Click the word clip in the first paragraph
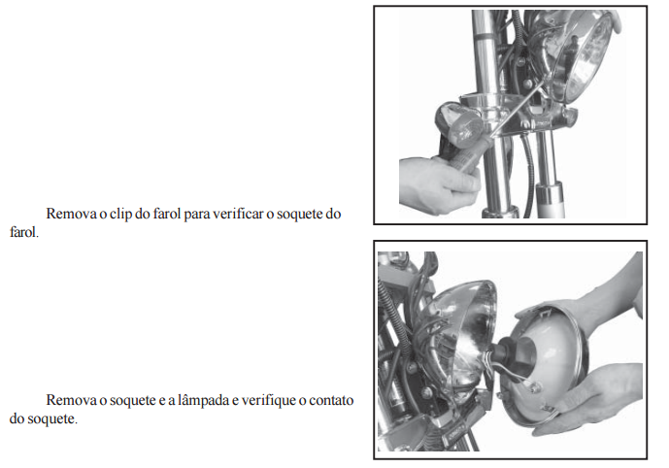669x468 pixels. (120, 214)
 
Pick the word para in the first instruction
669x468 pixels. (196, 215)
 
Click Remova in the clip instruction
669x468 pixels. (71, 214)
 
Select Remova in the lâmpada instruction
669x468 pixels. (71, 400)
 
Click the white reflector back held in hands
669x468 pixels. (551, 358)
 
